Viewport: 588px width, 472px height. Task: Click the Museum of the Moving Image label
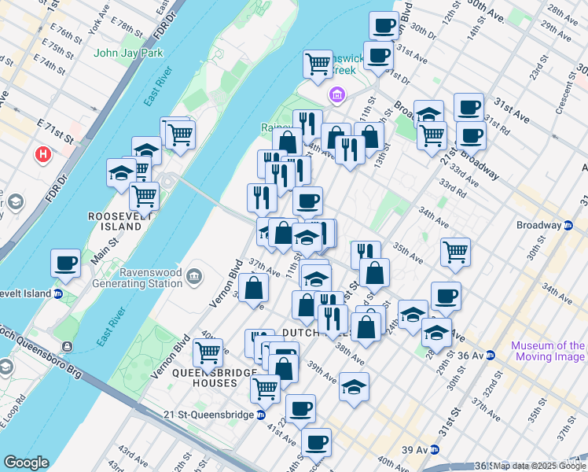coord(548,351)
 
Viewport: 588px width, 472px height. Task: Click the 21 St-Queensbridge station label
coord(211,415)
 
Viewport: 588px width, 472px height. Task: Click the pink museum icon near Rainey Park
coord(336,96)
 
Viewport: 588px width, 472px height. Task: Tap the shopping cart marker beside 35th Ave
coord(455,252)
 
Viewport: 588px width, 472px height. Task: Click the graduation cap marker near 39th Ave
coord(355,386)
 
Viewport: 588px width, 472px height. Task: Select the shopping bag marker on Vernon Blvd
coord(254,288)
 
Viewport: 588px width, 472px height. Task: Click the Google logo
coord(26,463)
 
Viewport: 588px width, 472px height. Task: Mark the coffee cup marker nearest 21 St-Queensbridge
coord(300,408)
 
